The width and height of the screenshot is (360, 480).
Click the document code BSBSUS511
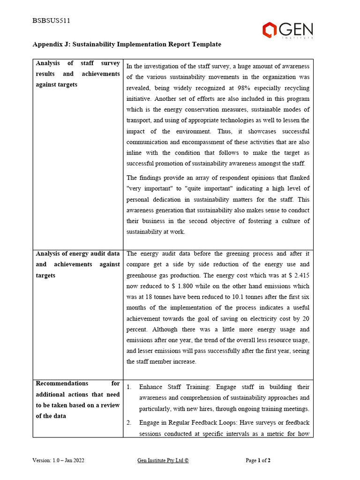[x=51, y=21]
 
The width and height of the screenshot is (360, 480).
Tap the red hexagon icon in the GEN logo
[x=270, y=30]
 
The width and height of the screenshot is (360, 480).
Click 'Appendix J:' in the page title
[x=50, y=45]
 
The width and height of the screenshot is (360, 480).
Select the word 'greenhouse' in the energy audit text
[x=143, y=275]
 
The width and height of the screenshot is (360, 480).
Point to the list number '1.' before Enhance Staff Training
[x=129, y=387]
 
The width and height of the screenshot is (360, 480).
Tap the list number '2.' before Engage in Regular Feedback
[x=129, y=423]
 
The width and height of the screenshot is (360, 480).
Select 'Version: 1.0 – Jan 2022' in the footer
[x=59, y=460]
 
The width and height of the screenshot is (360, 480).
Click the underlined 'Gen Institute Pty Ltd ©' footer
[x=163, y=460]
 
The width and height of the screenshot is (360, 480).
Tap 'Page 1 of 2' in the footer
[x=258, y=460]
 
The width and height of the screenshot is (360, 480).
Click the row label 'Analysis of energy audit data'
[x=78, y=254]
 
